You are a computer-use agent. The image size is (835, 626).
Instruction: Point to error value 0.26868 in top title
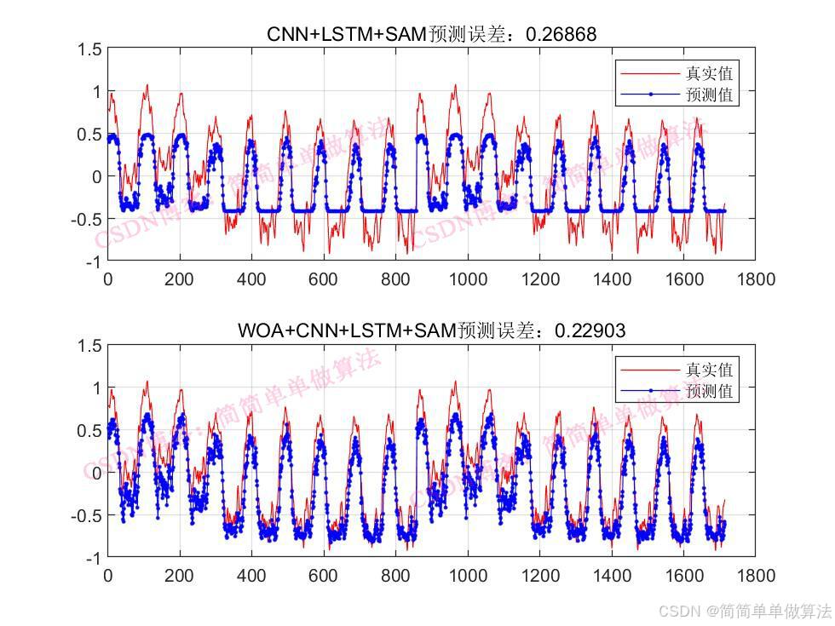(x=561, y=34)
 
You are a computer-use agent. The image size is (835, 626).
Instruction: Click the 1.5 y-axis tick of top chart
(x=91, y=49)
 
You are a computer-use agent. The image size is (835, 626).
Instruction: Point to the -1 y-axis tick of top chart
(x=95, y=261)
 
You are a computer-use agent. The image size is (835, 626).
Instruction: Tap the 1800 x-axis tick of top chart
(x=755, y=279)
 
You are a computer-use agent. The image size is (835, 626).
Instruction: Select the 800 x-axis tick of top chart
(x=395, y=279)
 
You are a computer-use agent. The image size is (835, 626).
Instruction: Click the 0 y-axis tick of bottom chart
(x=97, y=473)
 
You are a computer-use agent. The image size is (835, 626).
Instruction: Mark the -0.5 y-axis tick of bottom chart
(x=88, y=515)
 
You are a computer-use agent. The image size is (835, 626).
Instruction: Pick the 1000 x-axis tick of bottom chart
(x=467, y=575)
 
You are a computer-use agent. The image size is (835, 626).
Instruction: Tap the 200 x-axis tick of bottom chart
(x=179, y=575)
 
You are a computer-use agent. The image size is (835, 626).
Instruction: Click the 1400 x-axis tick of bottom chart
(x=611, y=575)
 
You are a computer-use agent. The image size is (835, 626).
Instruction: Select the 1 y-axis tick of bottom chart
(x=97, y=388)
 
